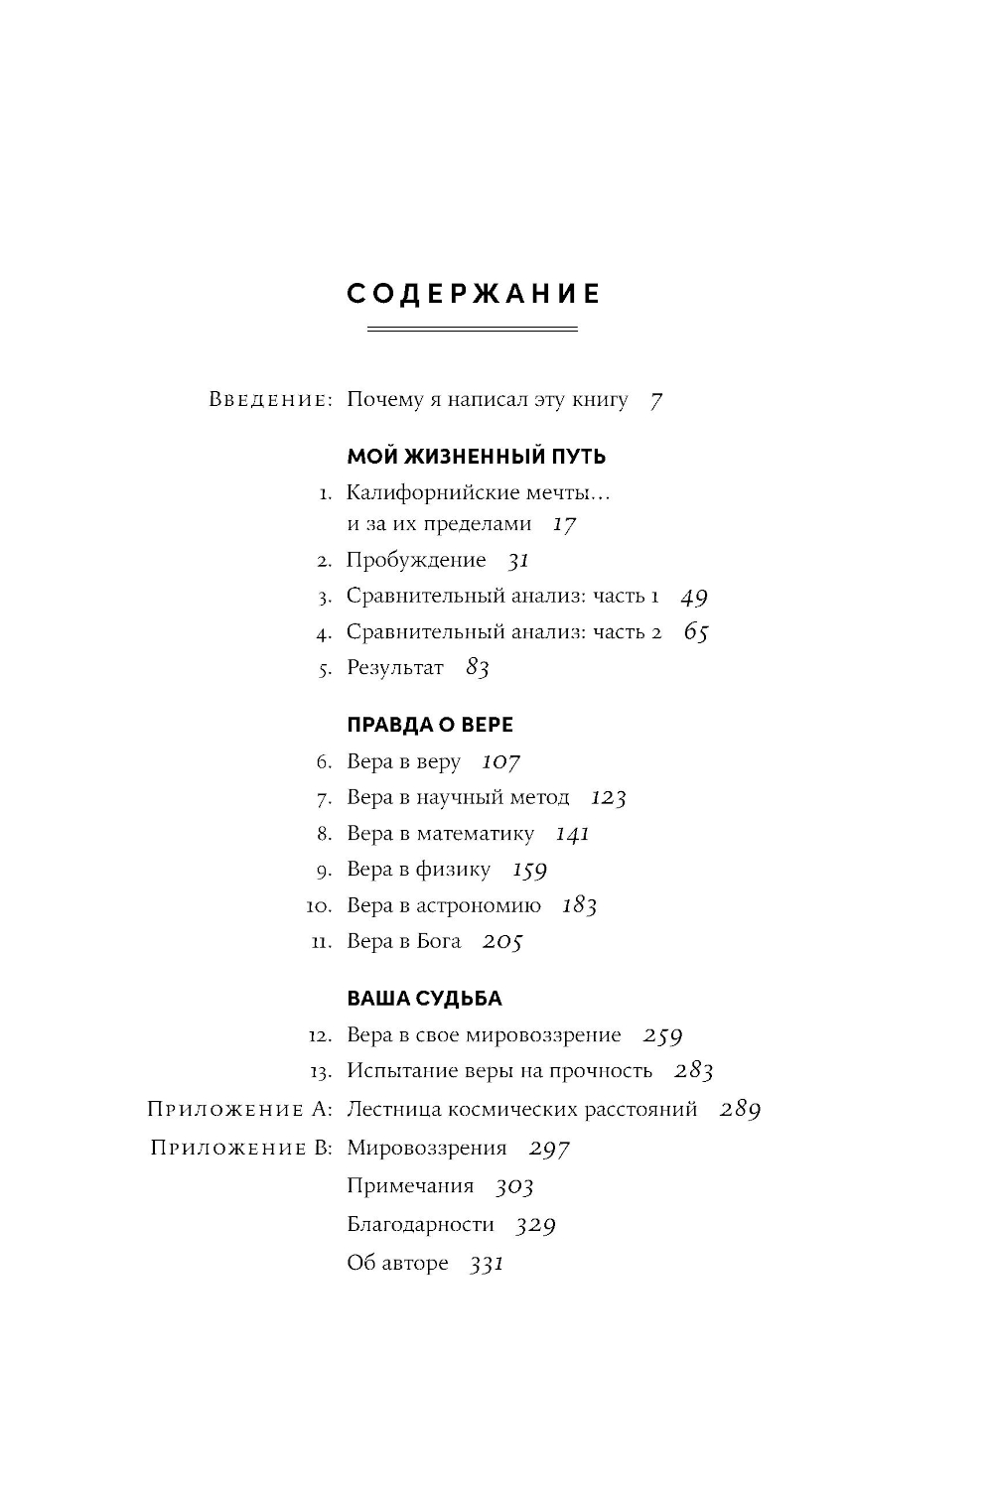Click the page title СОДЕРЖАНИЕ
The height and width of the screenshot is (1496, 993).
pyautogui.click(x=474, y=294)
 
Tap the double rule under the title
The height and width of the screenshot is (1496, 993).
pyautogui.click(x=472, y=329)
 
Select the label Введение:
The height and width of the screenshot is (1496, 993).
pyautogui.click(x=270, y=400)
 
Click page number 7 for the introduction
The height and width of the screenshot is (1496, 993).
pyautogui.click(x=655, y=401)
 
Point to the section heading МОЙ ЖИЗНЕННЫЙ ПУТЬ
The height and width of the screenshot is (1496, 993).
pyautogui.click(x=476, y=457)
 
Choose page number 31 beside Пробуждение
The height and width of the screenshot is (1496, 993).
pyautogui.click(x=518, y=561)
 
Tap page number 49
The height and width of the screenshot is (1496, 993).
pyautogui.click(x=694, y=598)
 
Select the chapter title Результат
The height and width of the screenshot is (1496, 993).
pyautogui.click(x=395, y=668)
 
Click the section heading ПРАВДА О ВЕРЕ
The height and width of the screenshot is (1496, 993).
pyautogui.click(x=430, y=725)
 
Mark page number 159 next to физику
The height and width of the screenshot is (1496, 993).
pyautogui.click(x=529, y=871)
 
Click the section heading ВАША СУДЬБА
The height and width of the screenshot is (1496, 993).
pyautogui.click(x=424, y=999)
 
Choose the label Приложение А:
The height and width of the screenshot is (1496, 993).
pyautogui.click(x=239, y=1110)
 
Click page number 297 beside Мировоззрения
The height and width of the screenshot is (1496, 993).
pyautogui.click(x=549, y=1149)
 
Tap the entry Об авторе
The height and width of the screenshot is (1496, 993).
pyautogui.click(x=397, y=1264)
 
